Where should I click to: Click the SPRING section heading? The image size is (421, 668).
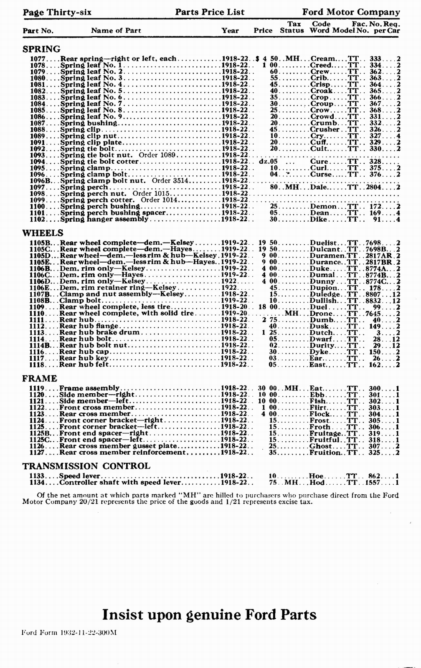[x=41, y=49]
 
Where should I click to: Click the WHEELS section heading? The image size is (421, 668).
[x=43, y=233]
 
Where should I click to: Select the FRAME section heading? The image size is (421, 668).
[x=40, y=378]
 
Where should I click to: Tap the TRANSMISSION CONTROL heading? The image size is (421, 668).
[x=86, y=466]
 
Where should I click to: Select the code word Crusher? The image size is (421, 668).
[x=325, y=129]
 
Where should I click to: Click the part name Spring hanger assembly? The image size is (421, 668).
[x=104, y=219]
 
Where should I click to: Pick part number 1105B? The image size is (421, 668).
[x=40, y=243]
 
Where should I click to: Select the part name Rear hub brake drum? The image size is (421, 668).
[x=99, y=333]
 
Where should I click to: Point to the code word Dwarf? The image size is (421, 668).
[x=321, y=339]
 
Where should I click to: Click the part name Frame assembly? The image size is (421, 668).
[x=89, y=388]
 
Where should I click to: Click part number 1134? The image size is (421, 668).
[x=37, y=483]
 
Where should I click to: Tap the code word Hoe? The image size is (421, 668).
[x=316, y=476]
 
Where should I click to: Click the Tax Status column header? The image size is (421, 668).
[x=292, y=27]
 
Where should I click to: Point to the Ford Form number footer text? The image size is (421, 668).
[x=69, y=633]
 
